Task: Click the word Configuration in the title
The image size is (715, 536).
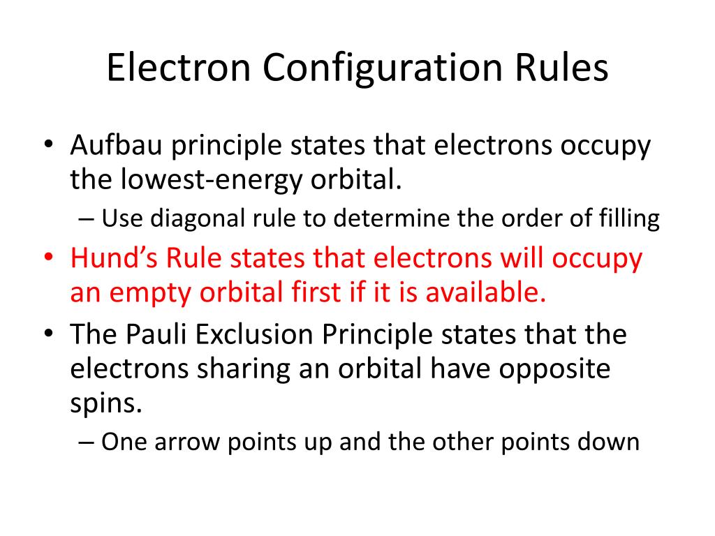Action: click(x=383, y=70)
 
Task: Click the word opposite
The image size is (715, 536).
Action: click(x=556, y=369)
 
